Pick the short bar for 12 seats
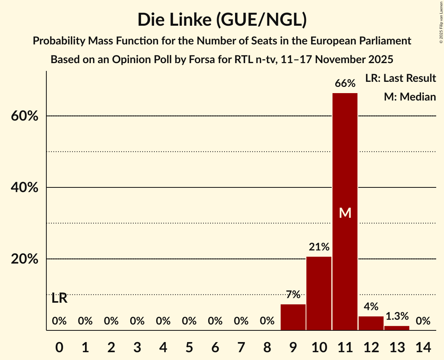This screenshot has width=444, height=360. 371,323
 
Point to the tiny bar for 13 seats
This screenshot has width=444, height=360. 397,328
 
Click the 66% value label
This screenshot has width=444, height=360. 345,83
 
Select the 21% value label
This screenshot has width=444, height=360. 319,247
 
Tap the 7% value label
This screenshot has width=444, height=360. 293,295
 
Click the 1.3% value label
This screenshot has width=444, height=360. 397,316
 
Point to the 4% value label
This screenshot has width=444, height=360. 371,307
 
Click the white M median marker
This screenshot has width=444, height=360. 345,213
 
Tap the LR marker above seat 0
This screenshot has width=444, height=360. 59,298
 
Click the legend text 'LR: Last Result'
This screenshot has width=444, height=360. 400,78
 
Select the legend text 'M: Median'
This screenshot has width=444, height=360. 410,97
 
